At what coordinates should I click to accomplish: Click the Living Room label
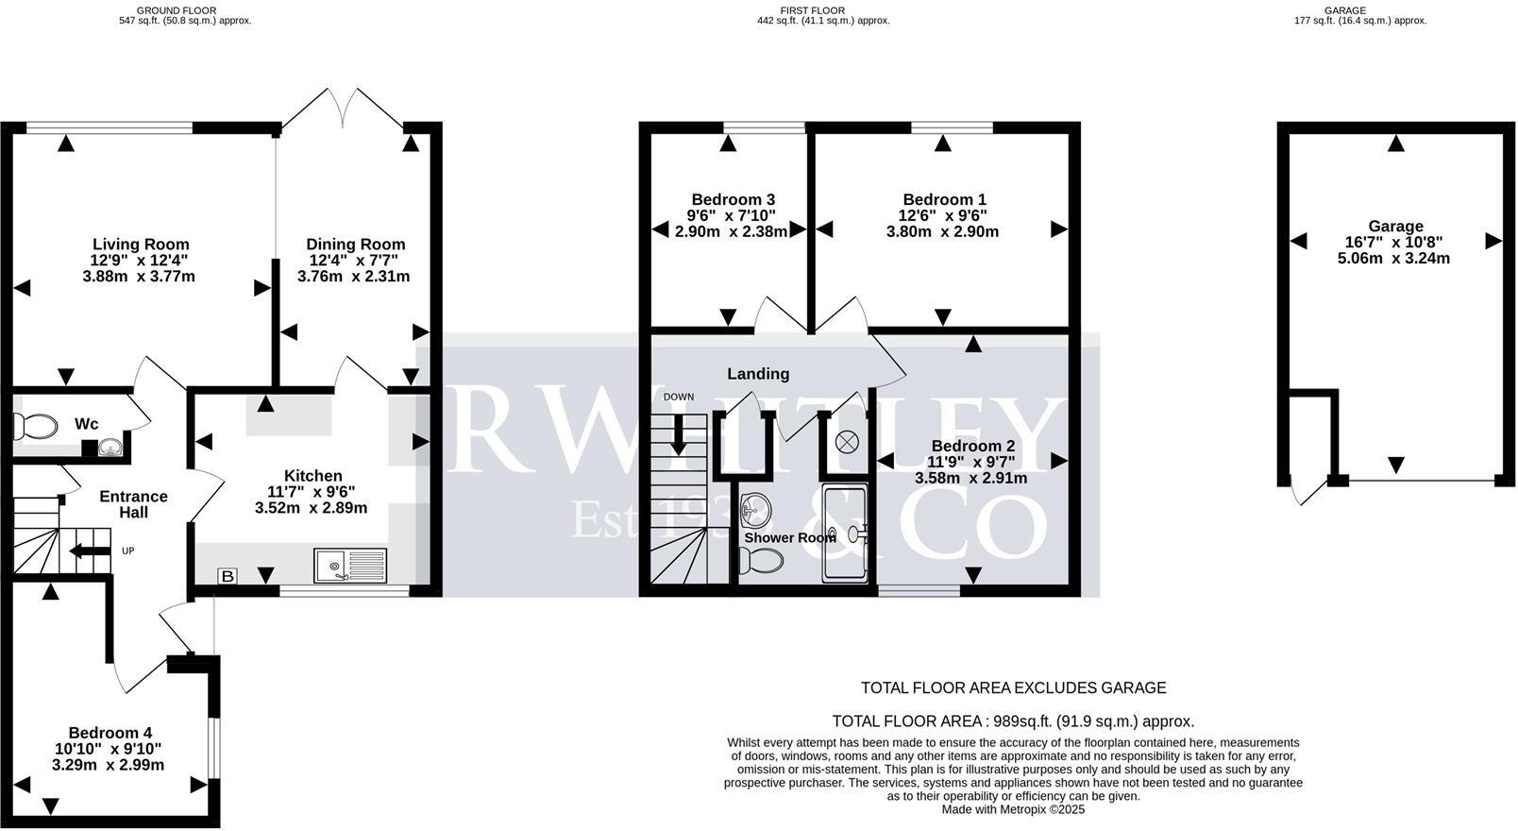[x=141, y=245]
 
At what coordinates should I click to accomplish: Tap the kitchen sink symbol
[x=349, y=566]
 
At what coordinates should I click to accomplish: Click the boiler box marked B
[x=227, y=576]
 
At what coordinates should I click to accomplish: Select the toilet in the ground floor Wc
[x=35, y=427]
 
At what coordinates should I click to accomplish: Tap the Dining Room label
[x=356, y=245]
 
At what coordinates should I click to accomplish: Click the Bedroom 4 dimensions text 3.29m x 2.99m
[x=108, y=765]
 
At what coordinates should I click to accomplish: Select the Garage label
[x=1395, y=227]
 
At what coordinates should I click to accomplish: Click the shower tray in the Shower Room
[x=843, y=534]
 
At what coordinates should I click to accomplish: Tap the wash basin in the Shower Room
[x=755, y=511]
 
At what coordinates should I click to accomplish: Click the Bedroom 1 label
[x=944, y=199]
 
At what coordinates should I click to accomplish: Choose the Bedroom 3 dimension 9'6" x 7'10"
[x=732, y=215]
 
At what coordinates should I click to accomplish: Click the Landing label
[x=758, y=374]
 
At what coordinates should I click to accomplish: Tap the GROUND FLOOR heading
[x=176, y=10]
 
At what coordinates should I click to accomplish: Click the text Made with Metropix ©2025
[x=1013, y=809]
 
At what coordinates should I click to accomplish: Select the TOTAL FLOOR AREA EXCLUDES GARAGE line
[x=1013, y=688]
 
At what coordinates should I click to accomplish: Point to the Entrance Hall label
[x=133, y=504]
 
